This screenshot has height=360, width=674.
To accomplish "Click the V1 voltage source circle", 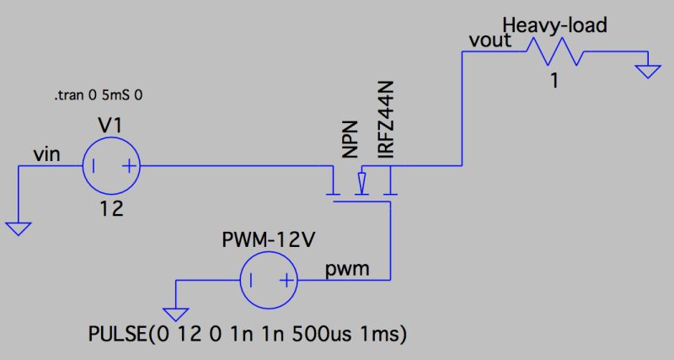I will (x=110, y=165).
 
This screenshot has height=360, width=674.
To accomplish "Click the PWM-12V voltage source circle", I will (x=269, y=280).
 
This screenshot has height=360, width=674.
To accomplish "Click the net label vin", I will (x=45, y=153).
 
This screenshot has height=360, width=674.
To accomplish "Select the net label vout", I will (x=488, y=40).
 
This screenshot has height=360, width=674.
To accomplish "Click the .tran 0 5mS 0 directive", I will (x=97, y=97).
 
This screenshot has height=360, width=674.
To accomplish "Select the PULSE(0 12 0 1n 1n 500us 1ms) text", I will (x=249, y=334).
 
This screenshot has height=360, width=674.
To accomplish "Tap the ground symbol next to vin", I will (x=19, y=228).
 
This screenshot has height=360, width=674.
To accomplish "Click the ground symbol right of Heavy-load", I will (x=646, y=71).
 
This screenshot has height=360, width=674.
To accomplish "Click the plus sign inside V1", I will (x=128, y=166).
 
